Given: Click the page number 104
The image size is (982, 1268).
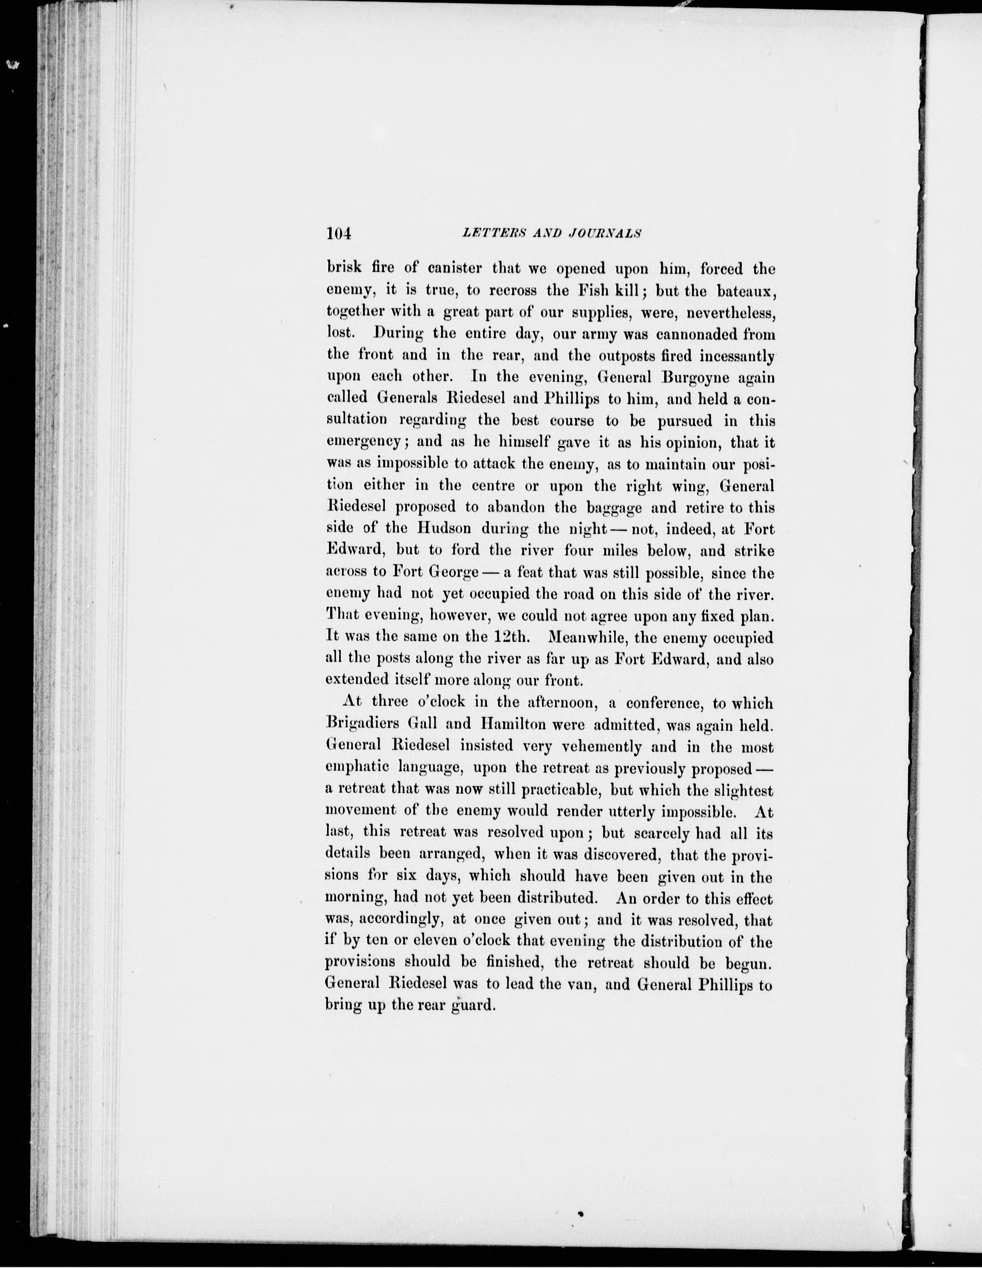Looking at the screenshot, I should coord(339,233).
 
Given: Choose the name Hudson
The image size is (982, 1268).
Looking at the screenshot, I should coord(444,529).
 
